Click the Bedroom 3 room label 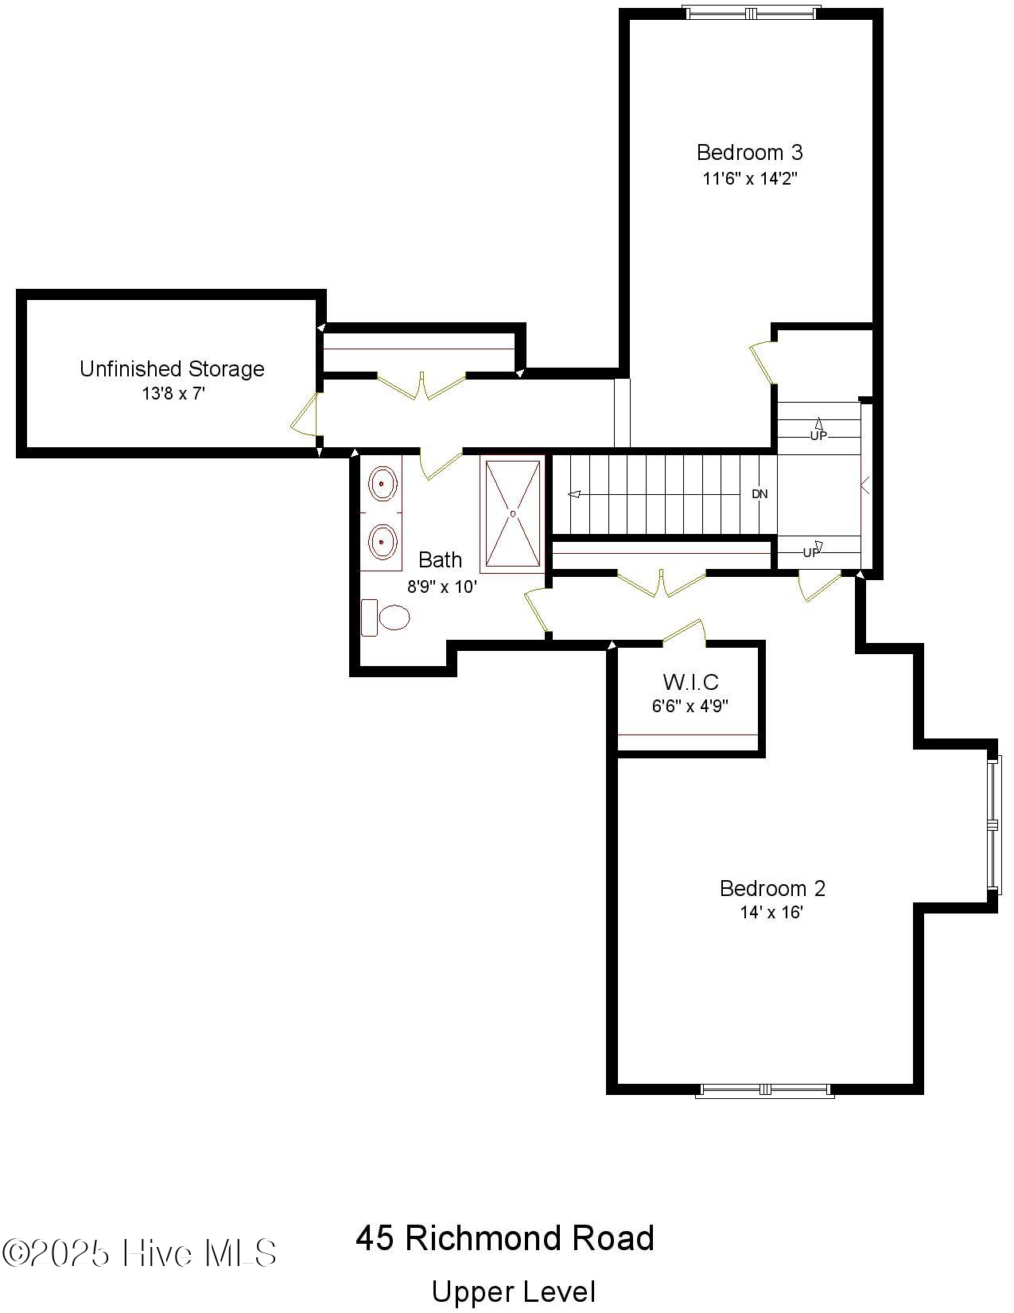click(749, 152)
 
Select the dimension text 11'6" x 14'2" click(749, 178)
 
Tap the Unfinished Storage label click(172, 368)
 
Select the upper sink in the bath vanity click(383, 484)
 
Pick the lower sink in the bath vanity click(383, 542)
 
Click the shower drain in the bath click(512, 513)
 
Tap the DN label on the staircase click(760, 494)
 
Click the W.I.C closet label click(690, 682)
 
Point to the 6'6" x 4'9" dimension click(690, 706)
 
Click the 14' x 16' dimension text click(771, 913)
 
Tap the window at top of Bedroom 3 click(752, 12)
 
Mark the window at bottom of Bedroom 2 click(764, 1090)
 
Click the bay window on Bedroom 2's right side click(992, 824)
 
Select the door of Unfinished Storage click(306, 415)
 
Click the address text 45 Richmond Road click(505, 1238)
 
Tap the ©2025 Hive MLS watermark click(139, 1253)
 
